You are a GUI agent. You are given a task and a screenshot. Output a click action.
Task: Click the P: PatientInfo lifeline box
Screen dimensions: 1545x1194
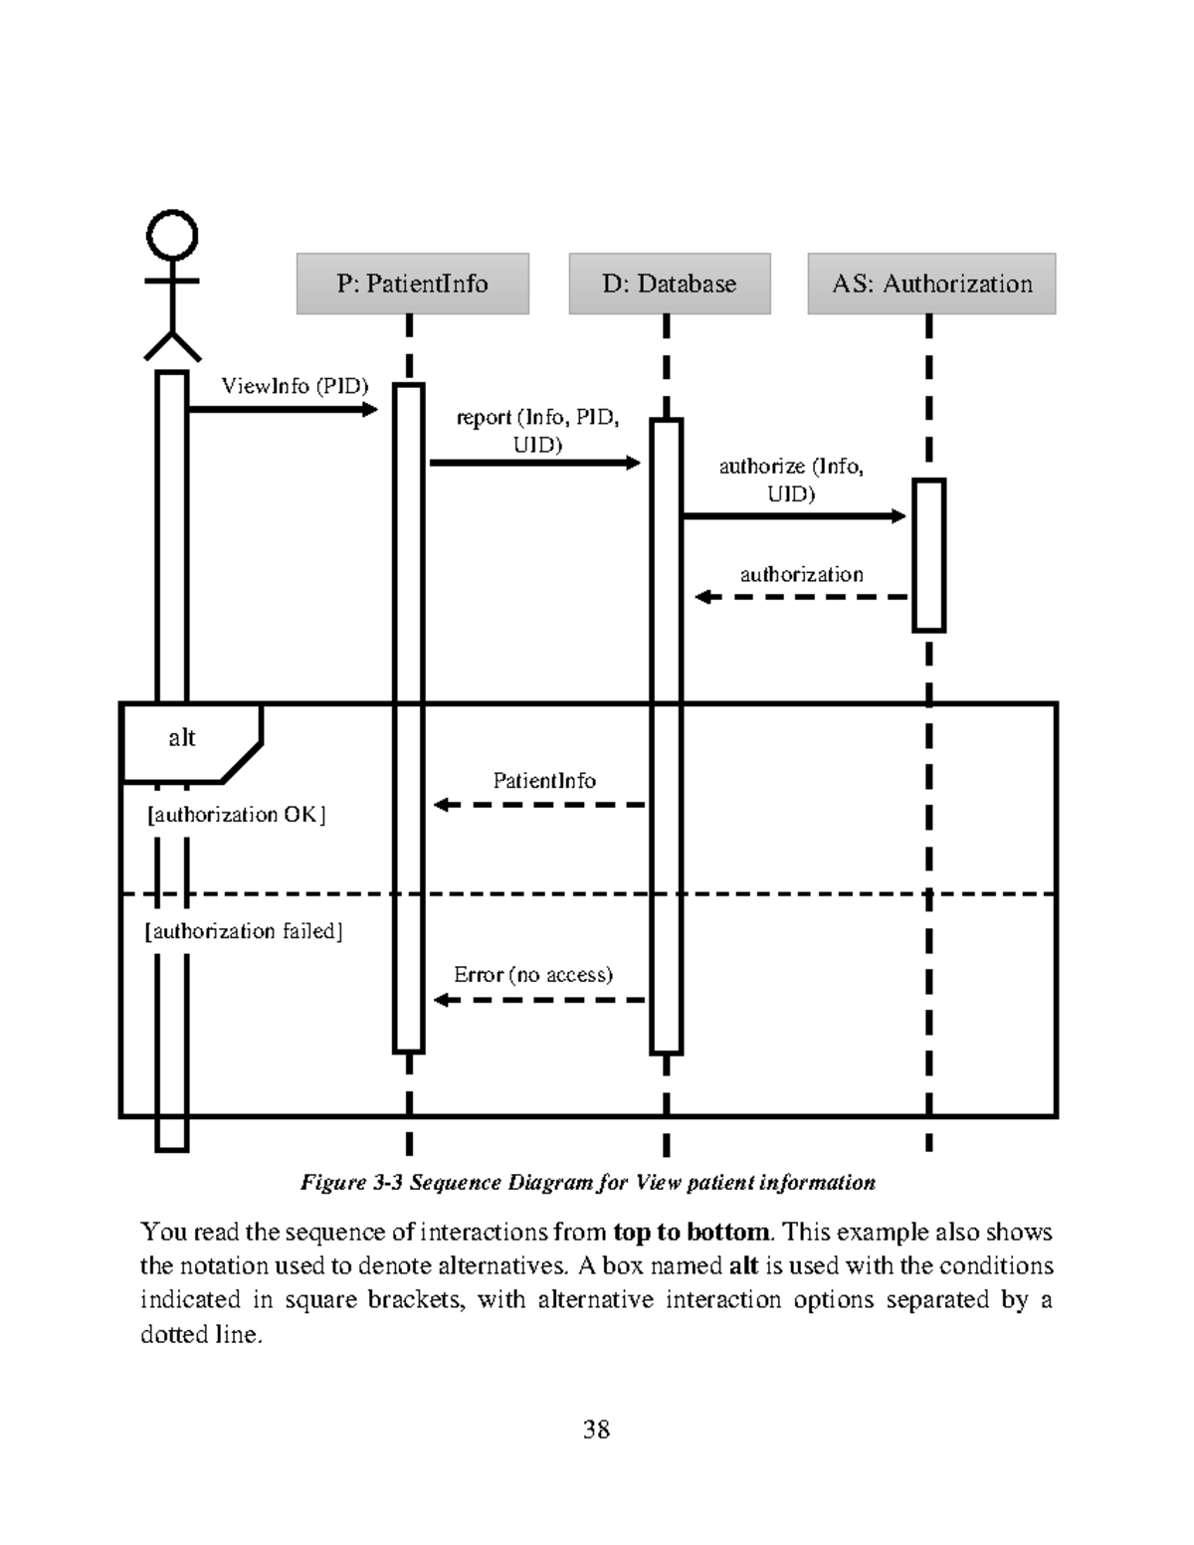tap(412, 284)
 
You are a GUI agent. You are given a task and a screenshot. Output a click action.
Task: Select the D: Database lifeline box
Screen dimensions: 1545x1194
tap(669, 284)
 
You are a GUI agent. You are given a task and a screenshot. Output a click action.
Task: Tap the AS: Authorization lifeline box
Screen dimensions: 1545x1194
tap(931, 284)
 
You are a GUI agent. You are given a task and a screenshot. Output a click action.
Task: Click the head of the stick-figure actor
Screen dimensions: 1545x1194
tap(172, 236)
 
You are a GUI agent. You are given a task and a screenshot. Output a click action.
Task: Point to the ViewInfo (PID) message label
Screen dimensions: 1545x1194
tap(295, 386)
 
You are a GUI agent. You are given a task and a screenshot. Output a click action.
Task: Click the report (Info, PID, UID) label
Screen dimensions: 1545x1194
tap(537, 430)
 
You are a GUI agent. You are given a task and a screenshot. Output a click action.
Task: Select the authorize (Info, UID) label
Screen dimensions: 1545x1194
tap(791, 480)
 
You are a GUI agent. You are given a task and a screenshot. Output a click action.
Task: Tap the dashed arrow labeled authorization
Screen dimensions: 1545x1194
tap(801, 597)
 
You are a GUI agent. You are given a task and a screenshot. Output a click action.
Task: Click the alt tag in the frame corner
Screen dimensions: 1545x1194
tap(182, 737)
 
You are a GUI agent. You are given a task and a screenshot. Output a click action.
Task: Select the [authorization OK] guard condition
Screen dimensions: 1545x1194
tap(236, 815)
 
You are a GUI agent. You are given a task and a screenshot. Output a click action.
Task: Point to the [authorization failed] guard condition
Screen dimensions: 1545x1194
tap(244, 931)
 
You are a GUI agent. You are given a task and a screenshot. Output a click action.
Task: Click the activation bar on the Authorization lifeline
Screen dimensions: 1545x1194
tap(928, 555)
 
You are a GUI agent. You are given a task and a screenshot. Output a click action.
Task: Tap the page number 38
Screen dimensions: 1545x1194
tap(596, 1430)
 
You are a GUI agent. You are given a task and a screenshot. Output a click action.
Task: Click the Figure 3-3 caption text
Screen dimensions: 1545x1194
tap(588, 1182)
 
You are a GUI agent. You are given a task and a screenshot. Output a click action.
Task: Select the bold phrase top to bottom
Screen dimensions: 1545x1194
tap(692, 1232)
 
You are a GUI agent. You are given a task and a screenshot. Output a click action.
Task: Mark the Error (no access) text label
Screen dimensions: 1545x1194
tap(533, 975)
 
